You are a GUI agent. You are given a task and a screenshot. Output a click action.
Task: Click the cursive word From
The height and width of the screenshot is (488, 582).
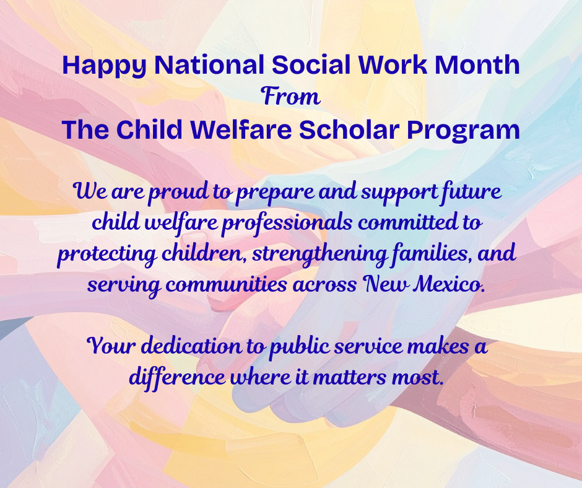pos(291,97)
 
